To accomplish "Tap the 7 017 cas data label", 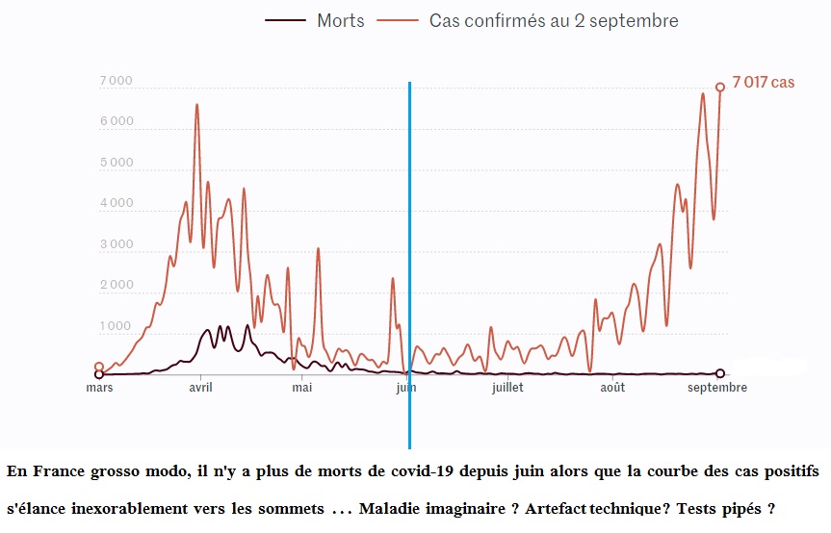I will tap(764, 83).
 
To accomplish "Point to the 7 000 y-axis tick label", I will tap(116, 82).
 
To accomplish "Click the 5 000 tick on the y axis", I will tap(116, 164).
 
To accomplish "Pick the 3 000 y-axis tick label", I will tap(116, 245).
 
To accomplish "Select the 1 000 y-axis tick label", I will tap(116, 327).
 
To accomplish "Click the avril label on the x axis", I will tap(200, 388).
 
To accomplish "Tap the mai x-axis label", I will tap(302, 388).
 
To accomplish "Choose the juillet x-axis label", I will tap(507, 388).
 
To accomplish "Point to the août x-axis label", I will tap(612, 388).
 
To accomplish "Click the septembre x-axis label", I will tap(717, 388).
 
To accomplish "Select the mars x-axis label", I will tap(99, 388).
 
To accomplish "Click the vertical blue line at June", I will tap(409, 241).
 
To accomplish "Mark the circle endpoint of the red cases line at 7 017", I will tap(719, 88).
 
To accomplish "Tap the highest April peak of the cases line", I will tap(197, 105).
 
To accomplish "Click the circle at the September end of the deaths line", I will tap(720, 373).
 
